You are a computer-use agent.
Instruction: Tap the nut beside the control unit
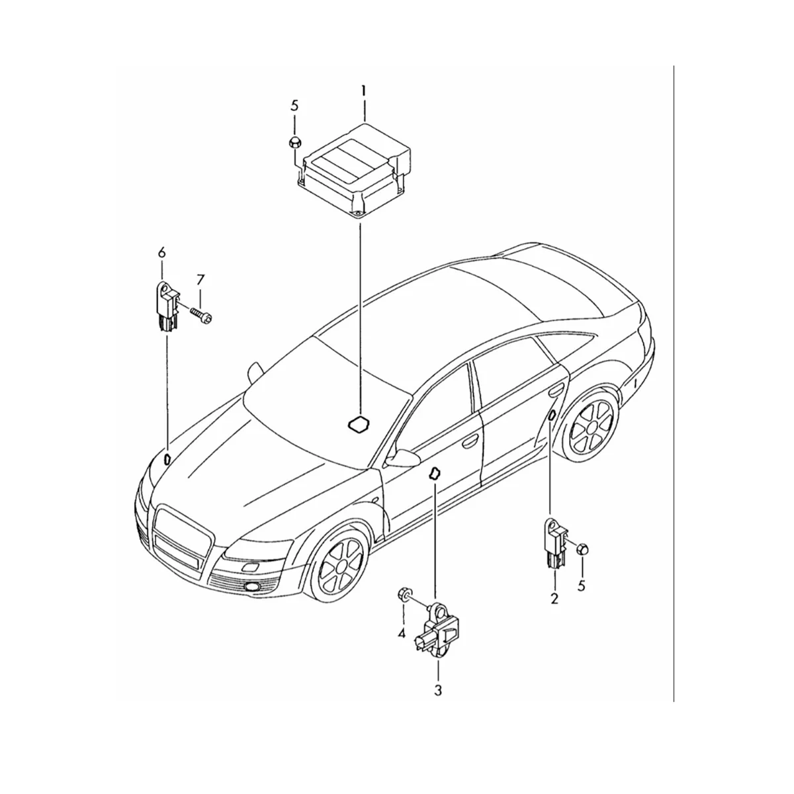click(295, 142)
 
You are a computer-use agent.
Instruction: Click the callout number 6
click(161, 252)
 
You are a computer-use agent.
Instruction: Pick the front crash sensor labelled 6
click(167, 304)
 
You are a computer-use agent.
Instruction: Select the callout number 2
click(554, 599)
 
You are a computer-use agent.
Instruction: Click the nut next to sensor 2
click(582, 549)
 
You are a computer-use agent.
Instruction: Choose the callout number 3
click(437, 690)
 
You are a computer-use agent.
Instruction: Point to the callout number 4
click(401, 634)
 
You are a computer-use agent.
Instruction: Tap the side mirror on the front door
click(402, 459)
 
